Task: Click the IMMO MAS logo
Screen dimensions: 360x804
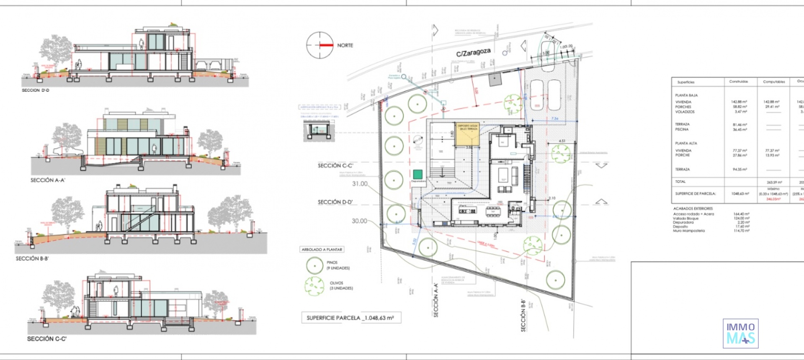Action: [x=740, y=334]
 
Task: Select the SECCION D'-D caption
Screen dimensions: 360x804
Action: [x=36, y=90]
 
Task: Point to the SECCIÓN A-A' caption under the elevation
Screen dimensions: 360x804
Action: [x=48, y=180]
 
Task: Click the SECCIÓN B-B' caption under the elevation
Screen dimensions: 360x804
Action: [x=32, y=259]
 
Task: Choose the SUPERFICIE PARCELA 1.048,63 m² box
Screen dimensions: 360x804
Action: [x=350, y=318]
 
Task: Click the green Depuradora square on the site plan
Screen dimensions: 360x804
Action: [x=417, y=174]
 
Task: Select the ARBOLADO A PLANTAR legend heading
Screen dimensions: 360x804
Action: [x=322, y=249]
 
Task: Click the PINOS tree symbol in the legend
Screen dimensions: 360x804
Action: [x=314, y=265]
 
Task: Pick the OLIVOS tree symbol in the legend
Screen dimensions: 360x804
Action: [x=314, y=285]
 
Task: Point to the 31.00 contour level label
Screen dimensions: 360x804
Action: [x=360, y=184]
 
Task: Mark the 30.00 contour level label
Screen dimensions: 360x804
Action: [x=359, y=221]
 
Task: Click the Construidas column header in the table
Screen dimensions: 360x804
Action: [x=738, y=82]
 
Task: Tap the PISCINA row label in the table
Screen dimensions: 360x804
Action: [x=682, y=129]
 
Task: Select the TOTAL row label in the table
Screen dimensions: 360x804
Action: [x=680, y=182]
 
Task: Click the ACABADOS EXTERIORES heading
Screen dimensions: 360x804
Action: [x=693, y=208]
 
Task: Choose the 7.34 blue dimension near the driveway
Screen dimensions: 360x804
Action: [x=555, y=119]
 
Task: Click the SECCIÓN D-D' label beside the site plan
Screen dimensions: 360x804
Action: [x=335, y=202]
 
